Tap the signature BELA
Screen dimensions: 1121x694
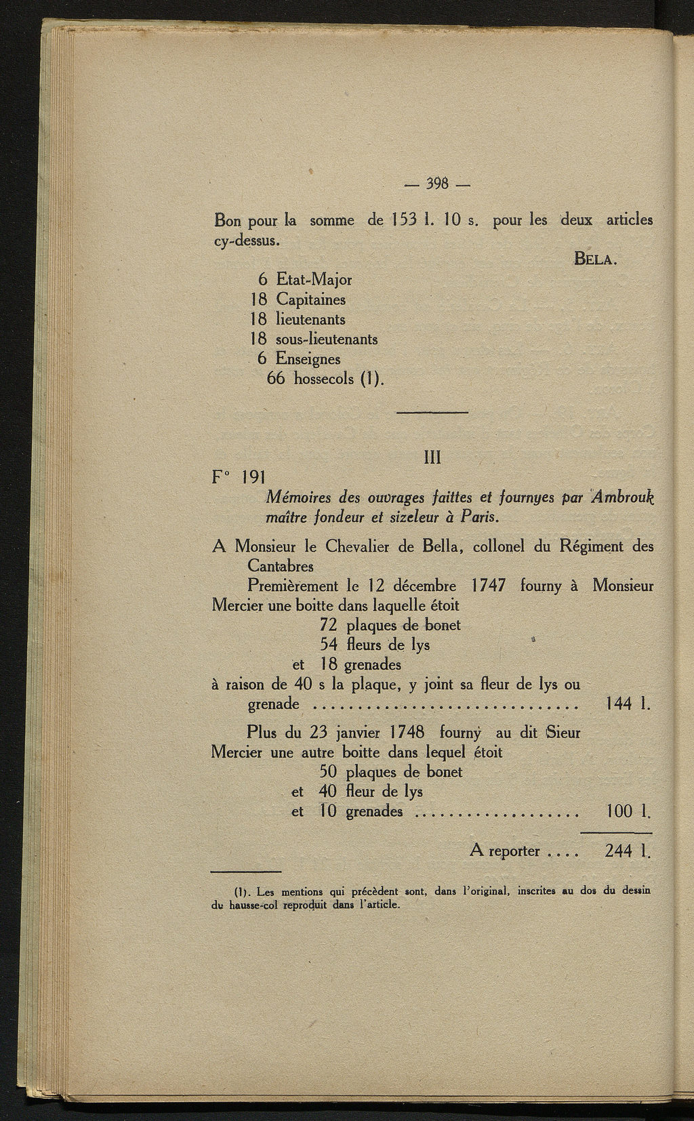595,259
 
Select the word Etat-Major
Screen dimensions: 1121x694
314,279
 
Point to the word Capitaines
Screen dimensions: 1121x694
310,300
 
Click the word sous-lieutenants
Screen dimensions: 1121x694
327,339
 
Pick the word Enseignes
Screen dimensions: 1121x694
308,359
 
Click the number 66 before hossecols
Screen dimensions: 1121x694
277,378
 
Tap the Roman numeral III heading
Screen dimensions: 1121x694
432,458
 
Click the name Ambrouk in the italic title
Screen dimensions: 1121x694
621,497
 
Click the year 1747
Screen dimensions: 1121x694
488,585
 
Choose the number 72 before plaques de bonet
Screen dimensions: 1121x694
329,624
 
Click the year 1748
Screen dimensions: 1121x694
407,733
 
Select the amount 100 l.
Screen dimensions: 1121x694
628,811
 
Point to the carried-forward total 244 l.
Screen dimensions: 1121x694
628,851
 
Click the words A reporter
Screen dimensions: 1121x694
504,851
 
